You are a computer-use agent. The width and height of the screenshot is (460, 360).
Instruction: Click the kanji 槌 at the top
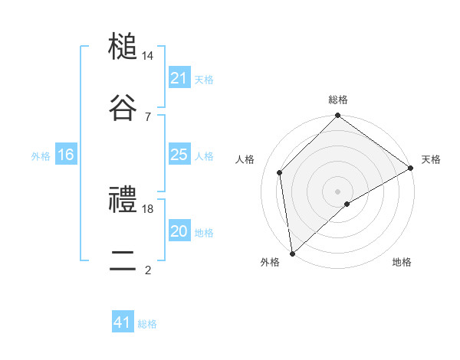[123, 47]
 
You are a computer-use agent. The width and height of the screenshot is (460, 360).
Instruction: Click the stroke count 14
[148, 57]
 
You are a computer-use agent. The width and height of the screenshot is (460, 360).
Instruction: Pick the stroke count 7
[148, 116]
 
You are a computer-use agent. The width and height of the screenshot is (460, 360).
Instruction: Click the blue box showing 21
[179, 78]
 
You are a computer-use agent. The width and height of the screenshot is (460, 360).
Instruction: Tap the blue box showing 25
[179, 155]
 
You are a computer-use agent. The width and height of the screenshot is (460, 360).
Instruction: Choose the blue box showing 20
[179, 231]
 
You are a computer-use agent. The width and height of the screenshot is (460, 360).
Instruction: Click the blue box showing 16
[65, 155]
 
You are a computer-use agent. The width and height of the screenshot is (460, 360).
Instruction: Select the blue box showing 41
[123, 322]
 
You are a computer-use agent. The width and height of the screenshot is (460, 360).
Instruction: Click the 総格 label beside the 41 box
[147, 324]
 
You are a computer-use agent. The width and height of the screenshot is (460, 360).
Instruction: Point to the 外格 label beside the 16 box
[41, 156]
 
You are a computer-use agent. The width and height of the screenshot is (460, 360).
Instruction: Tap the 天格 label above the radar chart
[431, 159]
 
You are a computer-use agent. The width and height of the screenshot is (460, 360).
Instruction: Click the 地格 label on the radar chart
[402, 262]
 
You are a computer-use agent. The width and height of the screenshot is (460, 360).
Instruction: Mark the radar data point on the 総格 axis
[338, 116]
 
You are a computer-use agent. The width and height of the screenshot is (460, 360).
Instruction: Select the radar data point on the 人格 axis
[280, 172]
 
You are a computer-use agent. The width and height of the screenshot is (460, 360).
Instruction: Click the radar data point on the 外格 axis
[292, 254]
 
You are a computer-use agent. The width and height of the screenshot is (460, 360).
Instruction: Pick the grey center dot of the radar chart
[338, 191]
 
